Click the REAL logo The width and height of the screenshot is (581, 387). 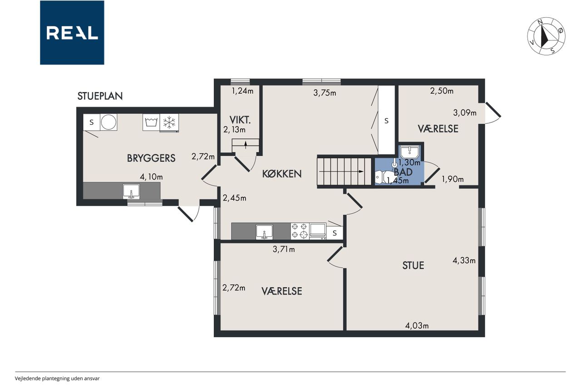pyautogui.click(x=72, y=33)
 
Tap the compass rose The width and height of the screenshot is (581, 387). pyautogui.click(x=546, y=36)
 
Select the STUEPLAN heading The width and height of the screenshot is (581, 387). pyautogui.click(x=100, y=96)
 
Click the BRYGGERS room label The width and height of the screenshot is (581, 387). pyautogui.click(x=151, y=158)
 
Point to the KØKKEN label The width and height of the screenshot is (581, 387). pyautogui.click(x=282, y=174)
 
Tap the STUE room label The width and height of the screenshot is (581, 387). pyautogui.click(x=413, y=265)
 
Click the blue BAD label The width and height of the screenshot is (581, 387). pyautogui.click(x=403, y=172)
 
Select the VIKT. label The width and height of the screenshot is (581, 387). pyautogui.click(x=240, y=120)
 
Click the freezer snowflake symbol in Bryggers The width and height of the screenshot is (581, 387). pyautogui.click(x=169, y=122)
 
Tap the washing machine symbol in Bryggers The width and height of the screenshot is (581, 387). pyautogui.click(x=151, y=122)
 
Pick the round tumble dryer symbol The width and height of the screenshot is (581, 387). pyautogui.click(x=108, y=122)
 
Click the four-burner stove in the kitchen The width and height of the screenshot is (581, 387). pyautogui.click(x=300, y=231)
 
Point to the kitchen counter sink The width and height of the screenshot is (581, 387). pyautogui.click(x=264, y=231)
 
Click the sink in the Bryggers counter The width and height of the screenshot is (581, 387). pyautogui.click(x=131, y=191)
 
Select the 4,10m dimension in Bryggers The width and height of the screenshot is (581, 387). pyautogui.click(x=151, y=177)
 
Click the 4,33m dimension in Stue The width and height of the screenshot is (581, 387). pyautogui.click(x=464, y=260)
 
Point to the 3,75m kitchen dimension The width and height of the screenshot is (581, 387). pyautogui.click(x=325, y=93)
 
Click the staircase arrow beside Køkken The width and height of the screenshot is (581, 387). pyautogui.click(x=341, y=171)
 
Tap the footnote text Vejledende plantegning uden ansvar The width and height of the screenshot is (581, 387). pyautogui.click(x=57, y=378)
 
